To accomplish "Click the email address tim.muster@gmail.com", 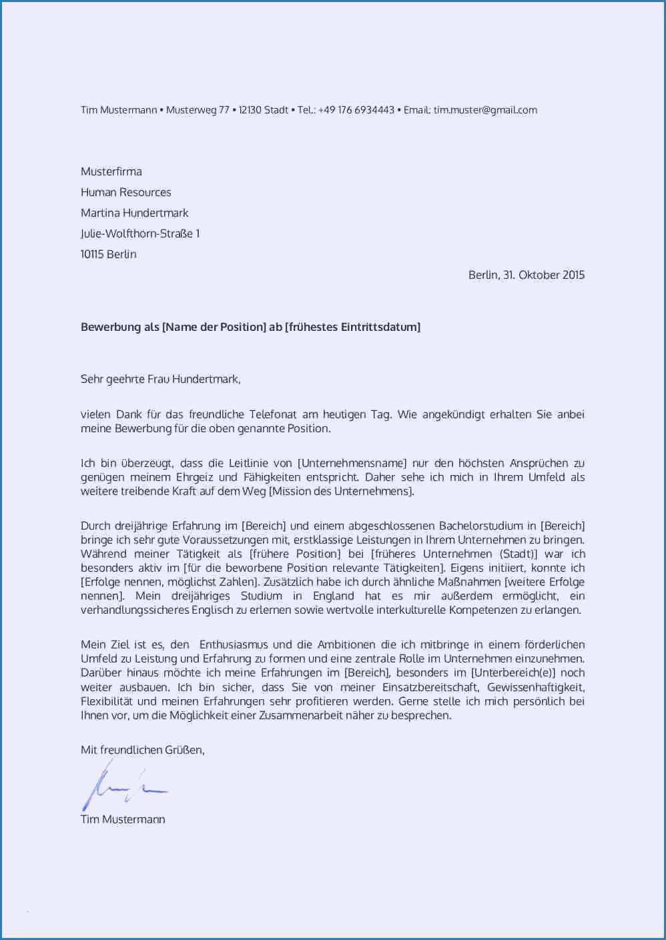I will tap(485, 110).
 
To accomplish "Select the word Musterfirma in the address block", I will tap(111, 171).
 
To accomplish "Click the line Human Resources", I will tap(126, 192).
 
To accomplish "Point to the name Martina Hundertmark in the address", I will tap(135, 213).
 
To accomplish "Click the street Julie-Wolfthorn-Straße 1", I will tap(140, 233).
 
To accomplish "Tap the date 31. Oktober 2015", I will tap(543, 275).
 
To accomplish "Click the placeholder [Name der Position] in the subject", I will tap(214, 327).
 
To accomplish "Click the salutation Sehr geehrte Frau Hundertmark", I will tap(160, 379).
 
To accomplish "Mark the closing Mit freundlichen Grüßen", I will tap(142, 750).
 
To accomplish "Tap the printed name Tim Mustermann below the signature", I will tap(123, 819).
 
